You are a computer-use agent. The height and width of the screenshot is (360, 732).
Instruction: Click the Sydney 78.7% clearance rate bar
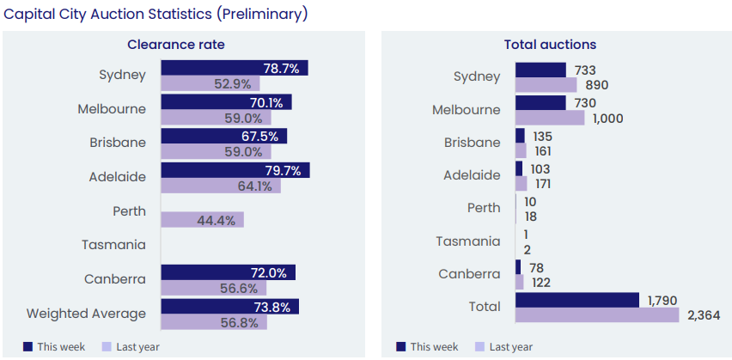[234, 68]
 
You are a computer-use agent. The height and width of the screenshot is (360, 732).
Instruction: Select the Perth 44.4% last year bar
[202, 219]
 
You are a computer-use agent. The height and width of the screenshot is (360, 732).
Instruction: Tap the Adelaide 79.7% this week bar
[235, 170]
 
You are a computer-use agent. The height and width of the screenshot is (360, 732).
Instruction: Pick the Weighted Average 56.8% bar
[214, 322]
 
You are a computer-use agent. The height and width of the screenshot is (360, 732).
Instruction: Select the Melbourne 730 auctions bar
[540, 102]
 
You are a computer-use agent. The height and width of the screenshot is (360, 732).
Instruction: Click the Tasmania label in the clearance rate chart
[113, 245]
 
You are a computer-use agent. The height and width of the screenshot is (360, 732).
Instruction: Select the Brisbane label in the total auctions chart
[472, 143]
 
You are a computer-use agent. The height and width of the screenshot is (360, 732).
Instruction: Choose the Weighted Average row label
[86, 313]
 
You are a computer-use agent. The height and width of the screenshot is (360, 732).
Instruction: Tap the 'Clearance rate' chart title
[176, 45]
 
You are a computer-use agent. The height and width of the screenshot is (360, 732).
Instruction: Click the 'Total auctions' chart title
[550, 45]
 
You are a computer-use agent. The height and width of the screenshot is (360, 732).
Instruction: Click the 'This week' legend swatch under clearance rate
[27, 346]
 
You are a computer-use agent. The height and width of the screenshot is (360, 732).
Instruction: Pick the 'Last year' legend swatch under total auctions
[479, 346]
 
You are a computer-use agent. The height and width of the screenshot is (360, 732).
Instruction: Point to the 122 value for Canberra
[540, 283]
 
